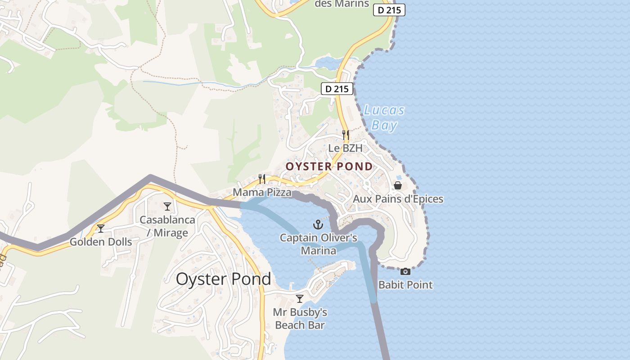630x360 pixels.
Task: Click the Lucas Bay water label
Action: (x=384, y=117)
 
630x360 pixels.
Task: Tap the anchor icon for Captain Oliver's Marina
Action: (x=319, y=224)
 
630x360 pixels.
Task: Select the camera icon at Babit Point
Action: (x=405, y=271)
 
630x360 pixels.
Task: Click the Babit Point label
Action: (x=405, y=285)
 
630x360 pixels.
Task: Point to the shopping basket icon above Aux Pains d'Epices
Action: (x=398, y=185)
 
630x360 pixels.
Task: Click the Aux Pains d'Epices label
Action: (x=398, y=199)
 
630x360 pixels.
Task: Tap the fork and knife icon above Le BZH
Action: (x=345, y=134)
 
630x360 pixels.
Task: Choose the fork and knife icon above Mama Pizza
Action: (x=262, y=179)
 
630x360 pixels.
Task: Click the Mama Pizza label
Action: (x=262, y=193)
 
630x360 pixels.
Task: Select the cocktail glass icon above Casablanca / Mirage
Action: (x=167, y=207)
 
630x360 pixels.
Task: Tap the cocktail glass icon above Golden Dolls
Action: (x=101, y=229)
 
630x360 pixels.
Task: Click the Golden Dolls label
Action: (x=101, y=242)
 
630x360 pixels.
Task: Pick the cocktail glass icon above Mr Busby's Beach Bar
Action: (x=300, y=298)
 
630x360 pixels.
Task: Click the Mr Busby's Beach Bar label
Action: (x=300, y=319)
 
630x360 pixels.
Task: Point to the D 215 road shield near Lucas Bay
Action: (x=337, y=89)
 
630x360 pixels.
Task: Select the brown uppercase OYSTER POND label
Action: (x=329, y=166)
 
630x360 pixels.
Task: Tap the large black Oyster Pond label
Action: (x=223, y=279)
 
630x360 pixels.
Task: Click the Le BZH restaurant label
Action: (x=345, y=148)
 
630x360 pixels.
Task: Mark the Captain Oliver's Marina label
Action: (x=319, y=244)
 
